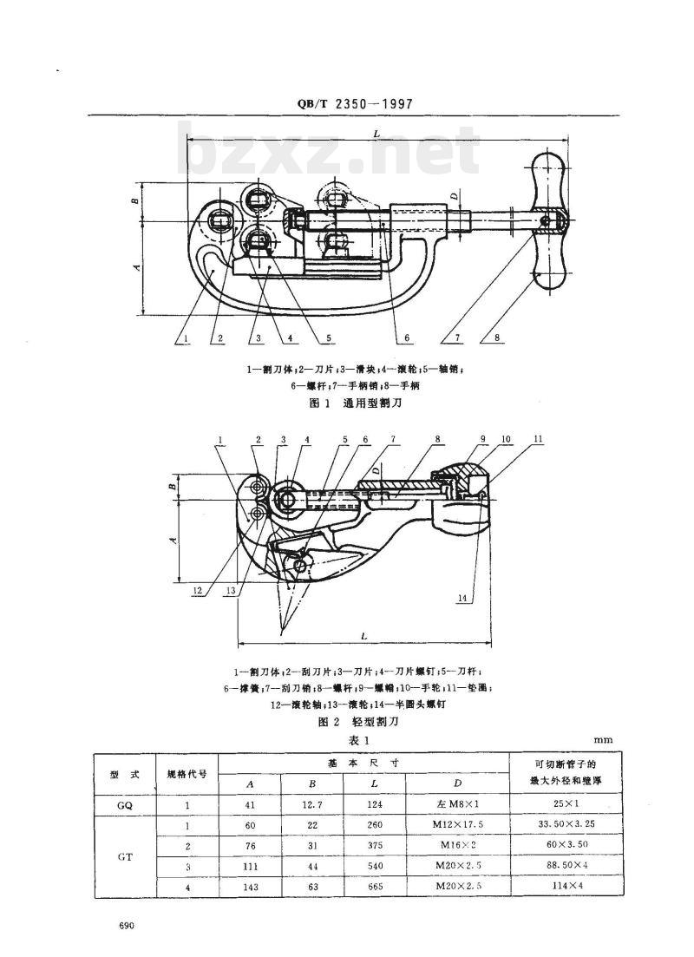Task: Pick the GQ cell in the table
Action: click(x=125, y=804)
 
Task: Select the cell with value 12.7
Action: click(x=312, y=804)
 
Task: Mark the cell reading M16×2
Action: click(x=457, y=846)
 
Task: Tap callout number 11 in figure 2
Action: click(x=540, y=440)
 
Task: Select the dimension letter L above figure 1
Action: click(x=376, y=134)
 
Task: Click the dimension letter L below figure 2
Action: click(x=363, y=637)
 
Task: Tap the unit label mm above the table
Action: click(x=604, y=740)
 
